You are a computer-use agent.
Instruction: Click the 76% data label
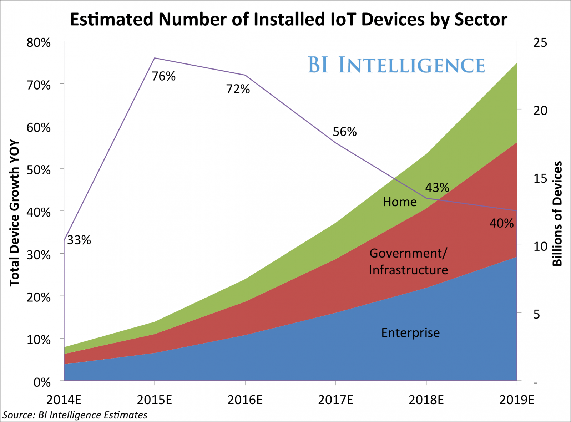tap(163, 76)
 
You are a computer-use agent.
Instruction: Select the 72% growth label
tap(238, 89)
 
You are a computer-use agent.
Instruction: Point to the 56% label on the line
tap(344, 132)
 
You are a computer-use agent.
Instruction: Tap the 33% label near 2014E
tap(79, 240)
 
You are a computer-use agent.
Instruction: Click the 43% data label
tap(437, 188)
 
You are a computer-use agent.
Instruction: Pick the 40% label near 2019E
tap(501, 224)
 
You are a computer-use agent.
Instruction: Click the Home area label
tap(400, 202)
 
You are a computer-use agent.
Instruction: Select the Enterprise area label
tap(410, 333)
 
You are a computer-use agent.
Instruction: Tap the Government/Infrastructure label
tap(408, 261)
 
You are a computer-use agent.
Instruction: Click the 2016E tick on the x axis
tap(245, 400)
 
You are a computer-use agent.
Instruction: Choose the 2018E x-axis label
tap(426, 400)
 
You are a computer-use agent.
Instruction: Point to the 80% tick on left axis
tap(39, 43)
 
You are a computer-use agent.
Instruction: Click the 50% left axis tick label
tap(39, 170)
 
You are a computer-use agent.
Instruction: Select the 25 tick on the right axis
tap(540, 42)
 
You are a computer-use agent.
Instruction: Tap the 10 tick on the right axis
tap(540, 246)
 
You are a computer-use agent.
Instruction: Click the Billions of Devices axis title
tap(557, 214)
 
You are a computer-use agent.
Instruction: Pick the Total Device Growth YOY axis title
tap(14, 213)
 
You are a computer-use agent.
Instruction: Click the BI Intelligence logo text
tap(396, 65)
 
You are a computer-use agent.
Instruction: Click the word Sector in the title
tap(481, 19)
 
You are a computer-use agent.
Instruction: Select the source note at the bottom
tap(75, 415)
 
